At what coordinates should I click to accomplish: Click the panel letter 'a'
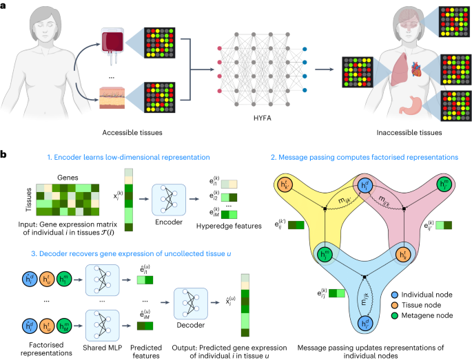click(4, 5)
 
